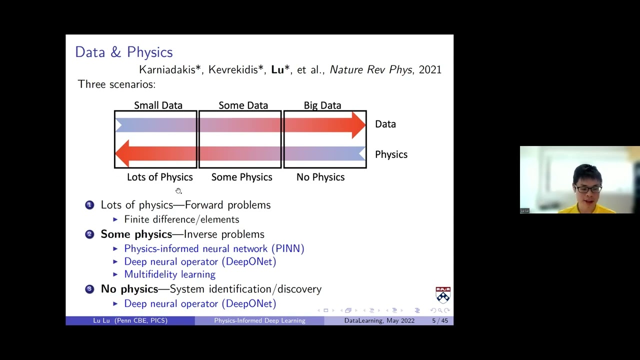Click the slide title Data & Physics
click(x=123, y=52)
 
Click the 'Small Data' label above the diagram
click(x=158, y=105)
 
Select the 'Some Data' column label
click(x=243, y=105)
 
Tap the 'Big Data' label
click(x=322, y=105)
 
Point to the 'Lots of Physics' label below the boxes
click(x=159, y=177)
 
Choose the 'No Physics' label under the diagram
click(x=320, y=177)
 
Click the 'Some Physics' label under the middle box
click(x=241, y=177)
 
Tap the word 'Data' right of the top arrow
click(x=385, y=124)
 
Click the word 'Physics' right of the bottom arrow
click(x=391, y=154)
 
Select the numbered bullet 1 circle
click(x=89, y=204)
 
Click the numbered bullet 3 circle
click(x=89, y=289)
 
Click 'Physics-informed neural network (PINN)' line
click(x=214, y=248)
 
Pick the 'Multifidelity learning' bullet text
click(x=169, y=274)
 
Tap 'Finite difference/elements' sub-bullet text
click(x=181, y=219)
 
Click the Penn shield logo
click(x=443, y=294)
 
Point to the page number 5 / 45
click(x=440, y=320)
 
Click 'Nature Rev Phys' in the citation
click(x=370, y=70)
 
